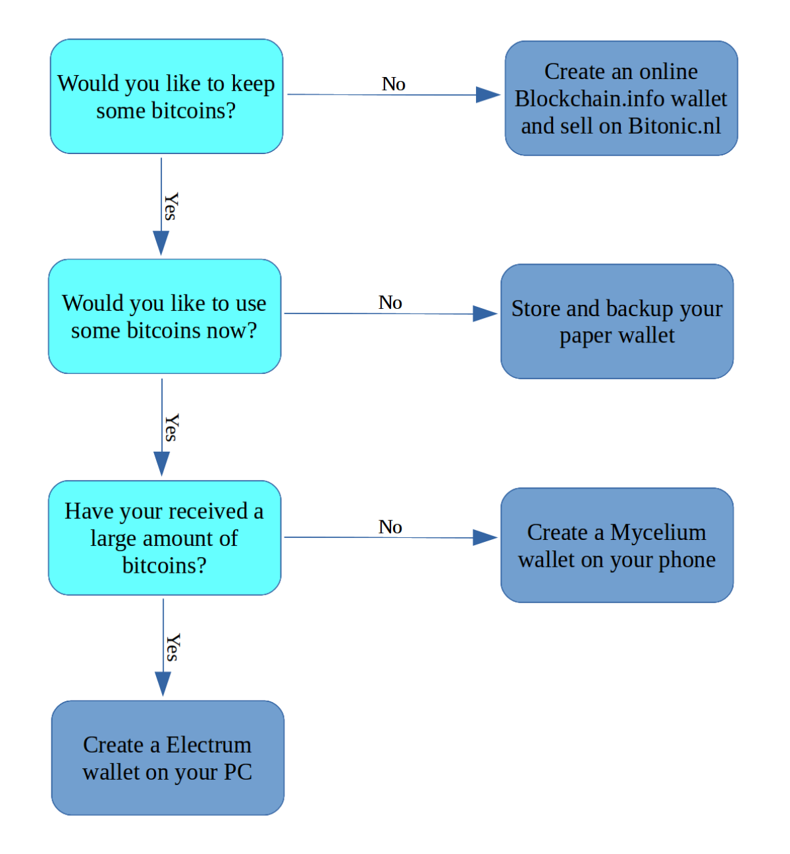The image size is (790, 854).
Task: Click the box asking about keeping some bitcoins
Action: point(167,97)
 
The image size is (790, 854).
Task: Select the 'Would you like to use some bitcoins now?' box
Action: point(165,317)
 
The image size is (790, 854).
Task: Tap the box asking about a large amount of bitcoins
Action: point(165,538)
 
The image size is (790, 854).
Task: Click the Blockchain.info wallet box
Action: point(621,99)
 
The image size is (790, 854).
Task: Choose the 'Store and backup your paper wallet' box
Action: point(617,321)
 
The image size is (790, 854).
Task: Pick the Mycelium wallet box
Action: point(617,545)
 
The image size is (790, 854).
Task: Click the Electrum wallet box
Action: point(167,758)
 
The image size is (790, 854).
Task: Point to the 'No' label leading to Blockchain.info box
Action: point(393,84)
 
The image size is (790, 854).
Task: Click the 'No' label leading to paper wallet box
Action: point(390,303)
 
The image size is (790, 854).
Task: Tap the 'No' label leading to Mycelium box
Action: point(390,527)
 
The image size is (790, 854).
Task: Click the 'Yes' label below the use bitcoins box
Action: point(171,428)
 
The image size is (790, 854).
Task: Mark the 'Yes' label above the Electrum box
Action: point(172,648)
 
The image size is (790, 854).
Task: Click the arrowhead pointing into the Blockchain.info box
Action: point(488,95)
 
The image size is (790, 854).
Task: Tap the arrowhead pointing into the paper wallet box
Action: point(485,313)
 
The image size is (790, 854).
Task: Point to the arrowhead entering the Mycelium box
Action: point(485,538)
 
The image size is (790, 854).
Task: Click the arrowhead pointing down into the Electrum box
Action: point(163,683)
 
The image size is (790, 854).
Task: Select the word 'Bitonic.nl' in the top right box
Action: point(674,126)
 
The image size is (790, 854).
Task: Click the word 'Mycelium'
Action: point(658,532)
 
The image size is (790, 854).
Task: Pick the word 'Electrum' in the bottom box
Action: point(209,745)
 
